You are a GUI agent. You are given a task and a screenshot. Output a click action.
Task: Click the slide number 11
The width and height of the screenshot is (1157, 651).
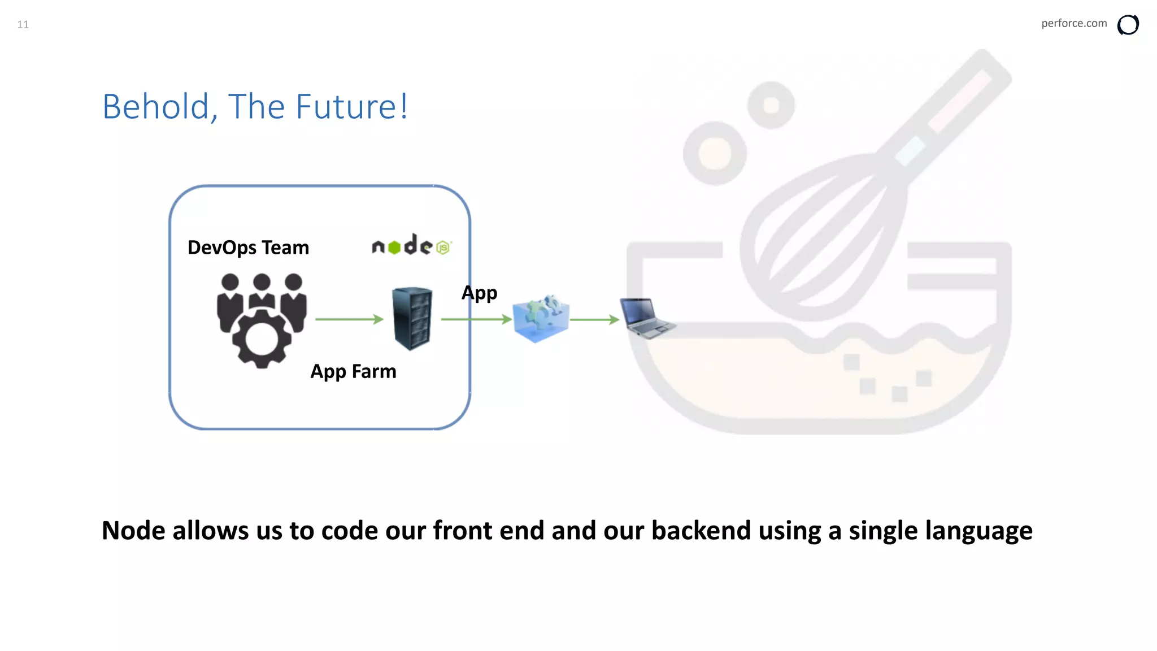tap(23, 24)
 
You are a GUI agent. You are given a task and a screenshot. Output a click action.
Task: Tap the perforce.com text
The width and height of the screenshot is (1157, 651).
tap(1073, 23)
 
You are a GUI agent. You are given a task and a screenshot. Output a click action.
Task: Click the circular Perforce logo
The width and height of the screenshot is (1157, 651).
tap(1128, 25)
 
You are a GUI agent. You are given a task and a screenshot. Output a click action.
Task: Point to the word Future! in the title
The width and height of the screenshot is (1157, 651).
tap(351, 106)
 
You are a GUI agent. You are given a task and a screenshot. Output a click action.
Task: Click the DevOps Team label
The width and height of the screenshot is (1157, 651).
tap(248, 248)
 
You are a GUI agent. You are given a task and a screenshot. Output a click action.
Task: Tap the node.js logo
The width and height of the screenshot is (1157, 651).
tap(411, 245)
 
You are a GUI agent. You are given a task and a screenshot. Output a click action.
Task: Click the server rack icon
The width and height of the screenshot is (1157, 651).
tap(412, 319)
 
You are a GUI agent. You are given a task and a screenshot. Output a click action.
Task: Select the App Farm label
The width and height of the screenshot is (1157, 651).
tap(353, 371)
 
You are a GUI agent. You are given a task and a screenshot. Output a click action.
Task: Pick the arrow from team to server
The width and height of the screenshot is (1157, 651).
tap(349, 319)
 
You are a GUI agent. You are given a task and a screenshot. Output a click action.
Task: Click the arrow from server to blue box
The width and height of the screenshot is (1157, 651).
tap(476, 319)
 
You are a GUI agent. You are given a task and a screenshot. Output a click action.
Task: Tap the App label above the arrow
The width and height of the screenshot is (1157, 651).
tap(479, 293)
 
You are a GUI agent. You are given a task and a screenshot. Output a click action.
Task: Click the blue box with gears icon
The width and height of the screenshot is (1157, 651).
tap(541, 319)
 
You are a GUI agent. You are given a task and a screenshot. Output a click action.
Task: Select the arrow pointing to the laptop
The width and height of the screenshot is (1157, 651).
tap(594, 320)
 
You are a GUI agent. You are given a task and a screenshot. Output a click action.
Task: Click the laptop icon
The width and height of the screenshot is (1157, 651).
tap(646, 318)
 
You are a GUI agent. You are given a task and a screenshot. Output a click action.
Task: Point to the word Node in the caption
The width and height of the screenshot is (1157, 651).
tap(133, 531)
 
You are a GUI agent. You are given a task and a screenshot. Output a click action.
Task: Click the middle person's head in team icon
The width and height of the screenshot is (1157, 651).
tap(262, 281)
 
